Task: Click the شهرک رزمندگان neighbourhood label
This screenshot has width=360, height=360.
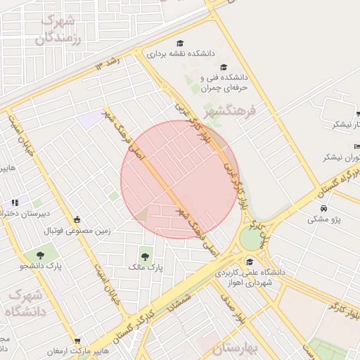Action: (62, 29)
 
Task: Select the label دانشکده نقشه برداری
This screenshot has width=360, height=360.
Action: (180, 53)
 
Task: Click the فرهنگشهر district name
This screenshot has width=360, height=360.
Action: (231, 111)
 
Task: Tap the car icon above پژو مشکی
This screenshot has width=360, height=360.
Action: (323, 209)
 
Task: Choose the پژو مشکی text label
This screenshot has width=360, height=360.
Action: (323, 219)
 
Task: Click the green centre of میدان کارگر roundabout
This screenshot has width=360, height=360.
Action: (251, 238)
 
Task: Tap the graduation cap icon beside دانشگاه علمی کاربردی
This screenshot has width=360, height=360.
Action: (249, 262)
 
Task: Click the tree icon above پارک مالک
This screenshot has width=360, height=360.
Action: (146, 257)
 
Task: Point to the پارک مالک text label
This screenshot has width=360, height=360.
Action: (146, 268)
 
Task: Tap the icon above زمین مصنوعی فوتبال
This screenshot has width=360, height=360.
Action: (77, 219)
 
